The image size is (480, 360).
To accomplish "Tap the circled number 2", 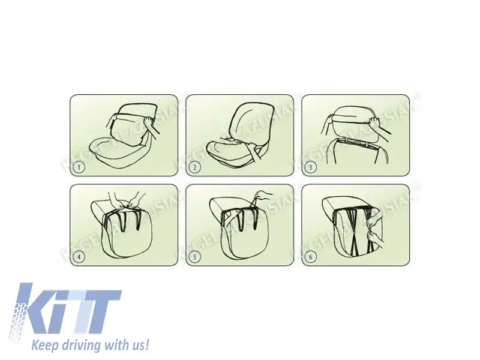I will (196, 168).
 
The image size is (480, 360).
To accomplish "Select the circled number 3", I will (311, 168).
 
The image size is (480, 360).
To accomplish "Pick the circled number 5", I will (196, 257).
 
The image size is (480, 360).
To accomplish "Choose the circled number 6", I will (311, 257).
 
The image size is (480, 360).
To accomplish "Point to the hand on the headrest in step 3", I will (376, 124).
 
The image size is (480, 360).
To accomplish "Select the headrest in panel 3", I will (354, 123).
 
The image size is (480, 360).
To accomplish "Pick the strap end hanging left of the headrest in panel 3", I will (326, 125).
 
